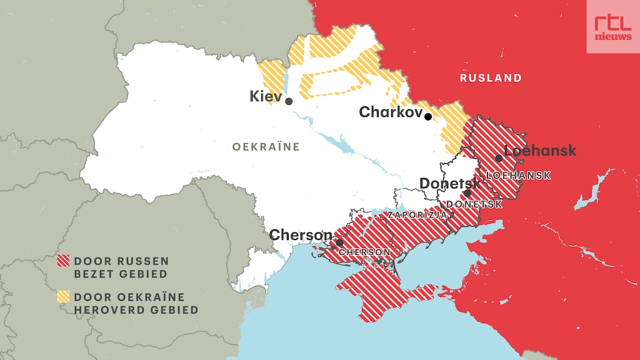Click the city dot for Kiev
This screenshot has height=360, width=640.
289,101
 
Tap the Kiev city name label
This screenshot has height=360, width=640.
265,96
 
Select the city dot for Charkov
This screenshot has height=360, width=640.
427,116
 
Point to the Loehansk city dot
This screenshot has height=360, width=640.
499,158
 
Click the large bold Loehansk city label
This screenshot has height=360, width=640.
540,151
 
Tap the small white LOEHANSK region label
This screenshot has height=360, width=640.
518,176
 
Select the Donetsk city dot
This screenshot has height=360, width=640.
467,193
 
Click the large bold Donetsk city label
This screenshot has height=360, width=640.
450,184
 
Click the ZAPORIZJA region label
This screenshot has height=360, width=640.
417,215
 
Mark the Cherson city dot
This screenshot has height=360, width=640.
339,242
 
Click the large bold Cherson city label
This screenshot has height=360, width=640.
301,235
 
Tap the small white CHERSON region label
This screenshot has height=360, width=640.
364,252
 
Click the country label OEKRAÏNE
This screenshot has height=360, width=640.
266,147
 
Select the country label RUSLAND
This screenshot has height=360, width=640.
491,78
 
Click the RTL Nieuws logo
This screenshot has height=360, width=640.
612,26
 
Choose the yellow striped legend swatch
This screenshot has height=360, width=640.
63,297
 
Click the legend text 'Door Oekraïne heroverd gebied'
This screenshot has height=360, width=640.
136,304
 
